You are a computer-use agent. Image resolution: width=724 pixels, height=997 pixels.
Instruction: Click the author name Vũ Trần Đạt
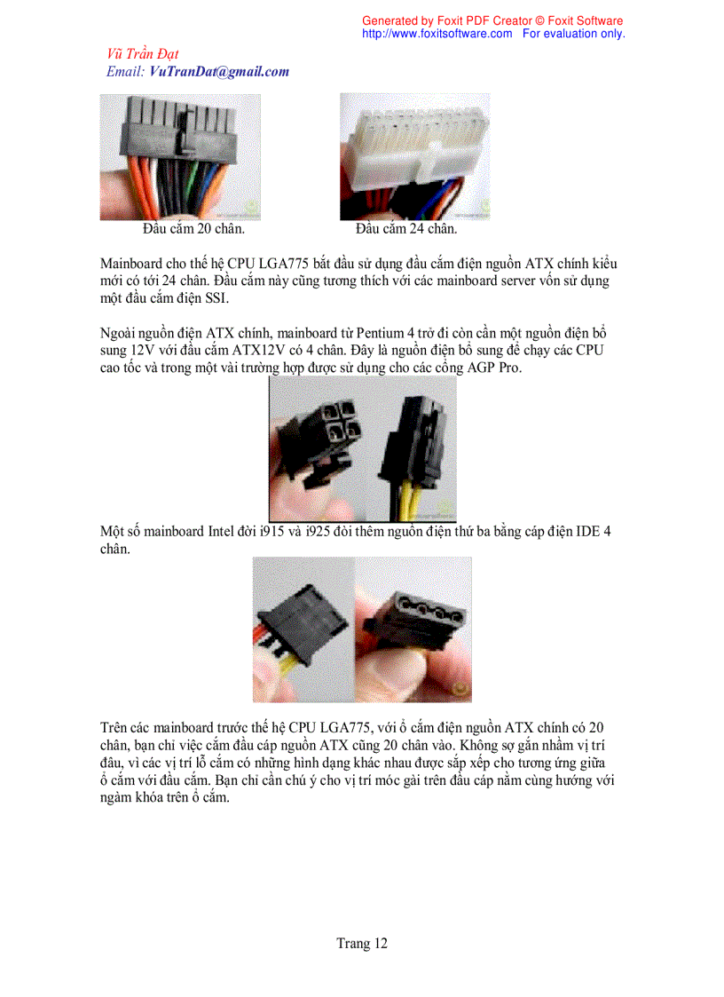142,54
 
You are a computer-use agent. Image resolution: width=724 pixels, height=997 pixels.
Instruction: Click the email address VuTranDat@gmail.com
219,72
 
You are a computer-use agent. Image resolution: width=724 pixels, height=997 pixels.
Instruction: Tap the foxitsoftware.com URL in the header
437,34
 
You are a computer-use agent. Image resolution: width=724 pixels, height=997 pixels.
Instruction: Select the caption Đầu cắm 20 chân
193,229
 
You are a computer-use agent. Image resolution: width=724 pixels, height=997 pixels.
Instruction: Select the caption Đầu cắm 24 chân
405,229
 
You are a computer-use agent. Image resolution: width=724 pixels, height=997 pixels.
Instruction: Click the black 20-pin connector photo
179,155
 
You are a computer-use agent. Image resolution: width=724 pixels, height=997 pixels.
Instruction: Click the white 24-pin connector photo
413,155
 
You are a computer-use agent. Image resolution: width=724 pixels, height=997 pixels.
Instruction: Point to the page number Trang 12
361,944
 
